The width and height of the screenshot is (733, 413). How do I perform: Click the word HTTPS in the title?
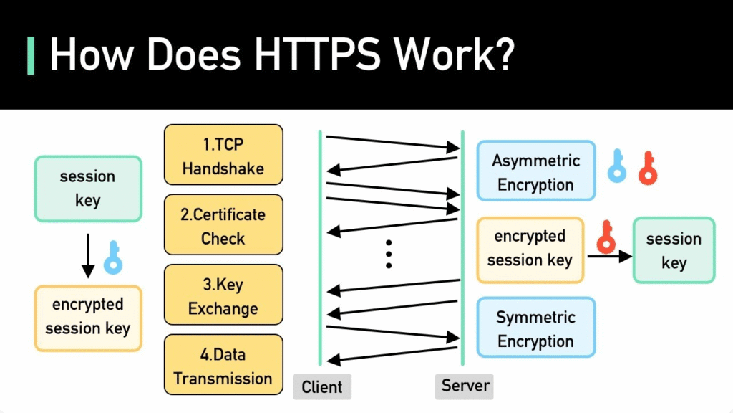[x=317, y=54]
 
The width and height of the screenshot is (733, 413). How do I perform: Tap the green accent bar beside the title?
[x=31, y=56]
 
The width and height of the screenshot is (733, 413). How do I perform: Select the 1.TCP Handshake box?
[x=223, y=155]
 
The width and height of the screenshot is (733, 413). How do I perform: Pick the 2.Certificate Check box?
[x=223, y=224]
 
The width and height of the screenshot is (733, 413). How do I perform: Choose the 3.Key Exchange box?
[x=223, y=295]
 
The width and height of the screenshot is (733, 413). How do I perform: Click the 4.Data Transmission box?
[x=223, y=365]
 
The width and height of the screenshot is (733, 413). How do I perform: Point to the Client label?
[x=322, y=386]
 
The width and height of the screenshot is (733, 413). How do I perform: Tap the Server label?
[x=464, y=386]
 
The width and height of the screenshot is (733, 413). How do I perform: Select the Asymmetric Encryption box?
[x=535, y=171]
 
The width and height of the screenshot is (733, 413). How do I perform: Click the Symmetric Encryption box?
[x=535, y=327]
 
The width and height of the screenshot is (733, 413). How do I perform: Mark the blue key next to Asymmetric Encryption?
[x=617, y=166]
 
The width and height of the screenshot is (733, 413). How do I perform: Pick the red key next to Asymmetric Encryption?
[x=648, y=168]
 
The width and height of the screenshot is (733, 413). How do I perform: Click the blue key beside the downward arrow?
[x=113, y=257]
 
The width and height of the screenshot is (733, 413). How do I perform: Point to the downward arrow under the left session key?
[x=88, y=256]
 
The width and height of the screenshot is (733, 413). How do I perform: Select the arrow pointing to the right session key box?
[x=610, y=256]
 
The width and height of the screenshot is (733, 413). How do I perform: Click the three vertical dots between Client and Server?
[x=389, y=255]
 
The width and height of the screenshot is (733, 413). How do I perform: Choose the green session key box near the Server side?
[x=674, y=250]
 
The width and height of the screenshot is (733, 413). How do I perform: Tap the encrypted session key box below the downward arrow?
[x=88, y=318]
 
